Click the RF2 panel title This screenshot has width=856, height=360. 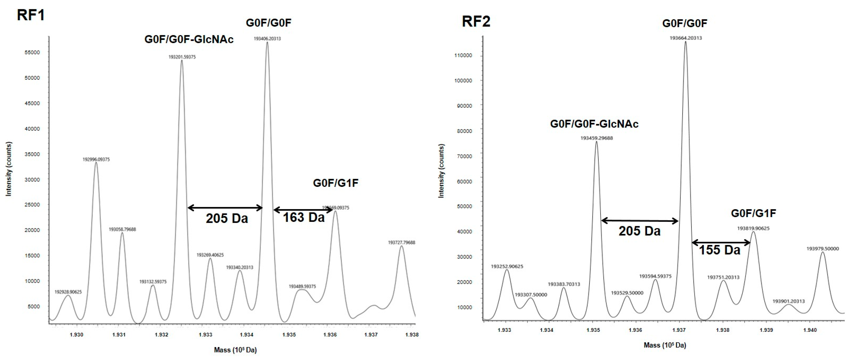(476, 22)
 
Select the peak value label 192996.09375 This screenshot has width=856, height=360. (96, 159)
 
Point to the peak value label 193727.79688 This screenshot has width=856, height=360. (401, 243)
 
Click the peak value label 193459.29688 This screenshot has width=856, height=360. (596, 138)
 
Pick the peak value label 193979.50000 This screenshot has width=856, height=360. (822, 249)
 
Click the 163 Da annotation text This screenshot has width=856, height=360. (303, 217)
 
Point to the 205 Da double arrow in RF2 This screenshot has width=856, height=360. (640, 221)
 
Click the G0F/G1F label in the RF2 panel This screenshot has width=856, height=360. (753, 213)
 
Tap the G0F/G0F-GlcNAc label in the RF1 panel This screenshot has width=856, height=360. (189, 39)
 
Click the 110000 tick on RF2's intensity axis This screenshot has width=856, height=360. (463, 56)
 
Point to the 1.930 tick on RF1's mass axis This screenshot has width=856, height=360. (76, 335)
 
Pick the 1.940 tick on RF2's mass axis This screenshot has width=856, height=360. (810, 330)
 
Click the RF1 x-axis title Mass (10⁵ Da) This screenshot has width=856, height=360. (235, 350)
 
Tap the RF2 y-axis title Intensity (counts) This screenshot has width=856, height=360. (441, 171)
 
